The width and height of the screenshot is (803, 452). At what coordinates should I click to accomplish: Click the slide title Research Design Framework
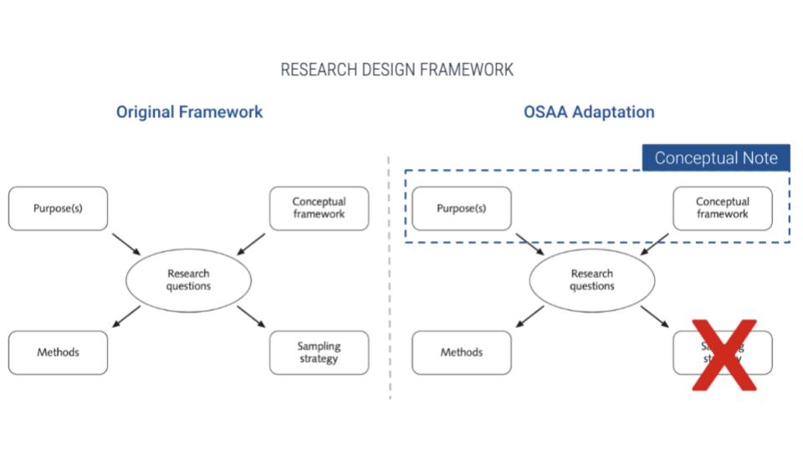(396, 69)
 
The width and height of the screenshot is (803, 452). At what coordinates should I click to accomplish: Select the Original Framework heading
(189, 112)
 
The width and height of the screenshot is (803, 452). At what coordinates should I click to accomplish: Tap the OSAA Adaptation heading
(589, 112)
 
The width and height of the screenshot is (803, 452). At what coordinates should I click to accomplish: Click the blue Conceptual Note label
(715, 158)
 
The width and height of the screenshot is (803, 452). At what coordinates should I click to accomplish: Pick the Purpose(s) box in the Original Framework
(58, 208)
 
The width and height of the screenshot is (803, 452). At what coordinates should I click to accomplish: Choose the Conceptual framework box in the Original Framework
(319, 208)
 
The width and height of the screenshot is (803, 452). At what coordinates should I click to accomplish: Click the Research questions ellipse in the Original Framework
(188, 280)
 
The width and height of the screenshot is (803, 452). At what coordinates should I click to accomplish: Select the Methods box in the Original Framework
(58, 352)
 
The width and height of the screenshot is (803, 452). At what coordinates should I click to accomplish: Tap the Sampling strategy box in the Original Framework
(319, 352)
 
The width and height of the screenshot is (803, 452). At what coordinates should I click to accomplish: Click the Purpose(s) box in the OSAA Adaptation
(461, 208)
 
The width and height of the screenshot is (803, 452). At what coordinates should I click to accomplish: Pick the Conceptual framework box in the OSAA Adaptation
(722, 208)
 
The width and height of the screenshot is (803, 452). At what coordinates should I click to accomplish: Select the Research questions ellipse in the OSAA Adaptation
(591, 280)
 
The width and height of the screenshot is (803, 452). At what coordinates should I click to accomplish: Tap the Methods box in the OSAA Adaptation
(461, 352)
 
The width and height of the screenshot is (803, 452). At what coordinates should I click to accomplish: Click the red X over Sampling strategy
(723, 356)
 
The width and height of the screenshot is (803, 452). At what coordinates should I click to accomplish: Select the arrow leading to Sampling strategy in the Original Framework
(251, 317)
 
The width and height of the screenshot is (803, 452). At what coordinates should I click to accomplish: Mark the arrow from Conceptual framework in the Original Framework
(251, 243)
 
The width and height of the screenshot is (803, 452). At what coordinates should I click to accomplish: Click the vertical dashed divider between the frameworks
(389, 276)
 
